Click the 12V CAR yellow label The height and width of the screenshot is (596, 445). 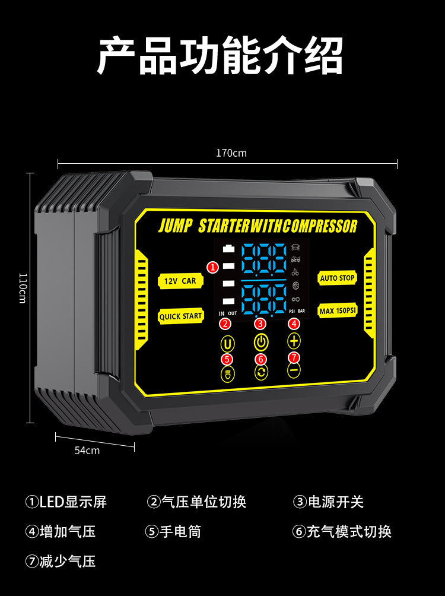180,281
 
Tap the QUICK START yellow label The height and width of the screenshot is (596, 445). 180,316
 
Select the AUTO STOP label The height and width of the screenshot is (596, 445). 337,278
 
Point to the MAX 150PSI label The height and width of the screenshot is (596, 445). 338,310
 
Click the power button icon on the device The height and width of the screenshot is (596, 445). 261,343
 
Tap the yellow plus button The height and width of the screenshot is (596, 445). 294,341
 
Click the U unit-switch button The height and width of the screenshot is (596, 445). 227,343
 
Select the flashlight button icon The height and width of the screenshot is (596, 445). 227,373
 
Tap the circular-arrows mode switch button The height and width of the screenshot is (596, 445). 261,372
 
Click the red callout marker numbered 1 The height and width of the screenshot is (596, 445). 213,267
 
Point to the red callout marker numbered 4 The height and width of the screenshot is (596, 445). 294,324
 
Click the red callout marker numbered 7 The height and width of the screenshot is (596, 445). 294,357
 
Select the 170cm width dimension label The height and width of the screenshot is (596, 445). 231,153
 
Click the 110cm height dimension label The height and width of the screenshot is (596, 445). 22,288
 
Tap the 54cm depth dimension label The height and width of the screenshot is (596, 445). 87,450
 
